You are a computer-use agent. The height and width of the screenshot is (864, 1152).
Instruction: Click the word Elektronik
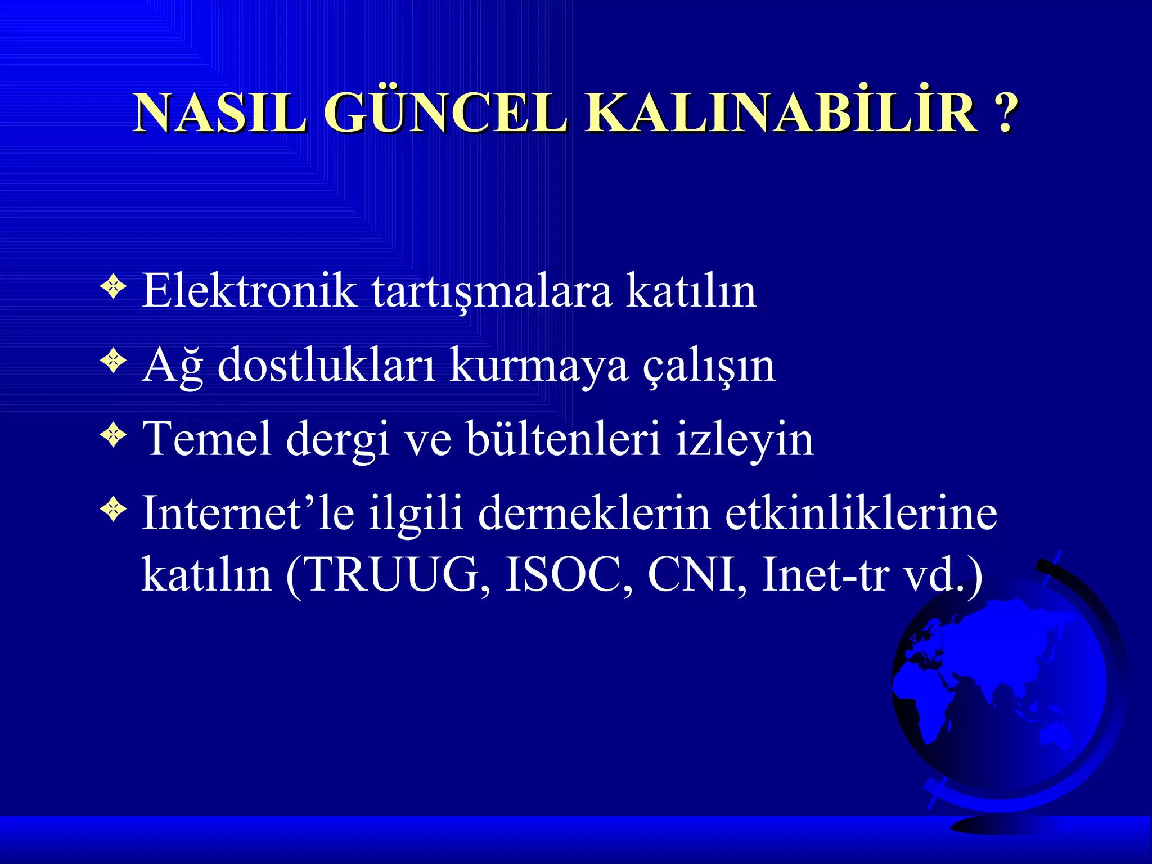[x=249, y=291]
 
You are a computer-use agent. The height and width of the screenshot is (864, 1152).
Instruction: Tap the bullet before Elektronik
[x=114, y=287]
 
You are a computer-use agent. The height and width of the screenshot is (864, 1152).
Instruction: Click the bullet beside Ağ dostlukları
[x=114, y=361]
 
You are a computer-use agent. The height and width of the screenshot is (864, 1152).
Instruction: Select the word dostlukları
[x=326, y=366]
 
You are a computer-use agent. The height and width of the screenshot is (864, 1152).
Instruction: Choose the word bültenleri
[x=564, y=439]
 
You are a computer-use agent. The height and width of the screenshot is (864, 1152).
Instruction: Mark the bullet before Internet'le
[x=114, y=510]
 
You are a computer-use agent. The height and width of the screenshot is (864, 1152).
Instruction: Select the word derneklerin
[x=595, y=513]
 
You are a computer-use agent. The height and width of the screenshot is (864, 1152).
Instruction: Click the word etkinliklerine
[x=861, y=513]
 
